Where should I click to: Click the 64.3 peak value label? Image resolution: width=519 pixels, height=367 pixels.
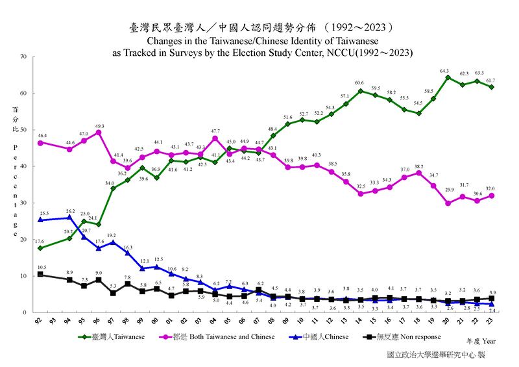coord(444,71)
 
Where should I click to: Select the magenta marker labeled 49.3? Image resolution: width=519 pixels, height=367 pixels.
coord(99,133)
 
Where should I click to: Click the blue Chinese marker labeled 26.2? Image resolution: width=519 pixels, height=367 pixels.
coord(69,217)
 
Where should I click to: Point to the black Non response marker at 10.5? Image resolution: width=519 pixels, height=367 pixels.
coord(40,274)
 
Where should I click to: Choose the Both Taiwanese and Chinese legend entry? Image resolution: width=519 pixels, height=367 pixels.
coord(227,336)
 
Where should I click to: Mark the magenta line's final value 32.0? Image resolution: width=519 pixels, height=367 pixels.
coord(491,188)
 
